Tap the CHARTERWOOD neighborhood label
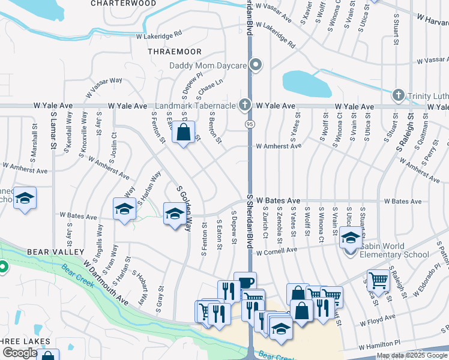(123, 3)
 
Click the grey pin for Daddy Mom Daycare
(257, 65)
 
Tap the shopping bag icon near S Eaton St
(184, 133)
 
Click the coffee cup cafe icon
(246, 283)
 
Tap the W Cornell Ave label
(277, 251)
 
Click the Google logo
(20, 353)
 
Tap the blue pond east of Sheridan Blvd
(306, 83)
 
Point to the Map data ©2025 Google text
(412, 355)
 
